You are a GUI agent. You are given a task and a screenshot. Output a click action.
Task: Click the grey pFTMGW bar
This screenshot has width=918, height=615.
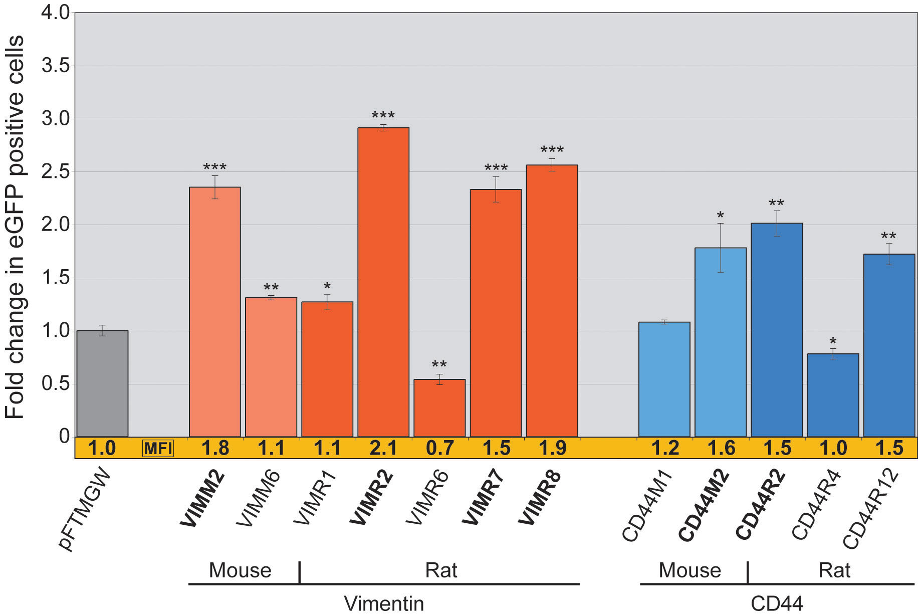pyautogui.click(x=102, y=383)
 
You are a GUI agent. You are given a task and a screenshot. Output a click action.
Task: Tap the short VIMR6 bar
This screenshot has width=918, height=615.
pyautogui.click(x=439, y=408)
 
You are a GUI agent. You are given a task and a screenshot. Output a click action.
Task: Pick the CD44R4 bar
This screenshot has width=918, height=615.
pyautogui.click(x=833, y=395)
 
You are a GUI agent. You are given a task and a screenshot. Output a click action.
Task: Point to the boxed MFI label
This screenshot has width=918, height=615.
pyautogui.click(x=158, y=448)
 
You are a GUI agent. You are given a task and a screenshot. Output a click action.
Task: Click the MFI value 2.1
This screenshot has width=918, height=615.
pyautogui.click(x=383, y=448)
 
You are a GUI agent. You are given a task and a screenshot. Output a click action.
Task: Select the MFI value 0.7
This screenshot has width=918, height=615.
pyautogui.click(x=439, y=448)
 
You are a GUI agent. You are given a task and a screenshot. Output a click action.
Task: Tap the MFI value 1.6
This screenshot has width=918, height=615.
pyautogui.click(x=721, y=448)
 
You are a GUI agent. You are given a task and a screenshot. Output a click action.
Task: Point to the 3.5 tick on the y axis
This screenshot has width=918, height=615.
pyautogui.click(x=56, y=66)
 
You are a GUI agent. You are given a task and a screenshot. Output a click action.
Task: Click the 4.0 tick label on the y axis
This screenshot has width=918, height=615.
pyautogui.click(x=56, y=13)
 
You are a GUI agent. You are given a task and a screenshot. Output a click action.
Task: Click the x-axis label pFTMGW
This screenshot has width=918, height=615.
pyautogui.click(x=86, y=509)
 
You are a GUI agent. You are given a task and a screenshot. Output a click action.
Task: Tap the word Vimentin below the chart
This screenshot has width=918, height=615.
pyautogui.click(x=384, y=603)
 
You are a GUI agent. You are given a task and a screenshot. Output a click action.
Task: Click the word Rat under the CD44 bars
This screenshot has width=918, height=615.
pyautogui.click(x=834, y=570)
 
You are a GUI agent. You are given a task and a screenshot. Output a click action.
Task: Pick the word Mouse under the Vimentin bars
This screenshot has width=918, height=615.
pyautogui.click(x=240, y=570)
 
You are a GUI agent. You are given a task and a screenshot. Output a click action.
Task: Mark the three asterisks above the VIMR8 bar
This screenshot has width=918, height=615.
pyautogui.click(x=552, y=150)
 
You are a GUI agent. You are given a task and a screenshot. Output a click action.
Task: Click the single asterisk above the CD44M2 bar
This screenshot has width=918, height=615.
pyautogui.click(x=720, y=216)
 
